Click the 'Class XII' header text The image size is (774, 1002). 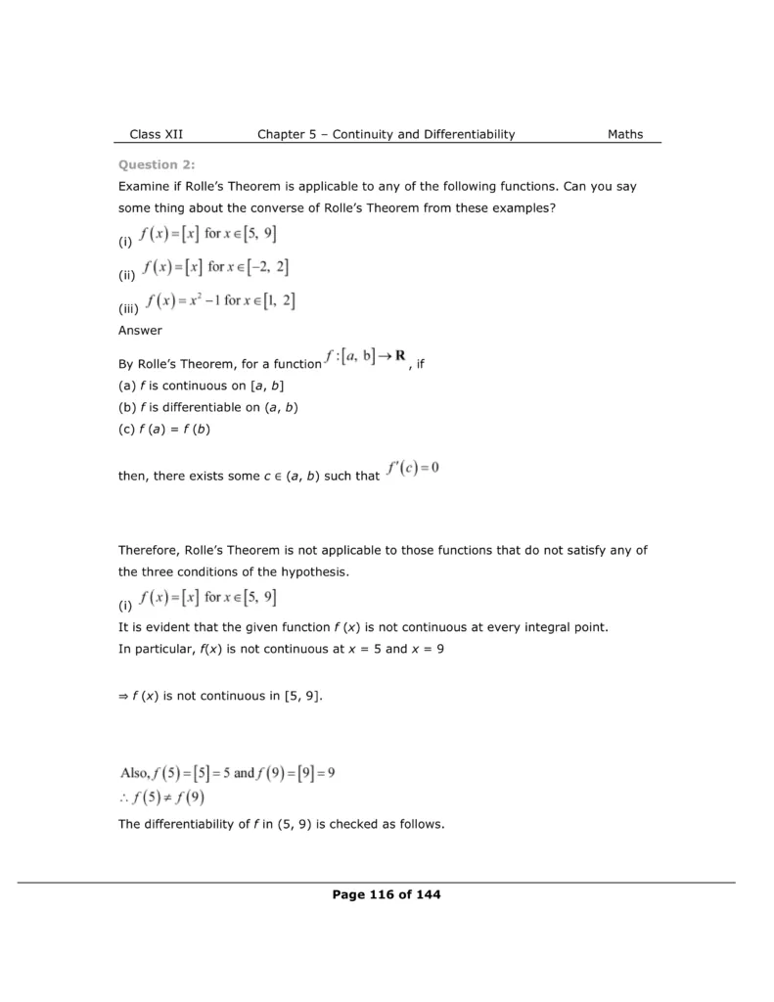pos(156,135)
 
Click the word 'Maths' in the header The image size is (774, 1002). pos(625,135)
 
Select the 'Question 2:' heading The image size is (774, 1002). pos(150,164)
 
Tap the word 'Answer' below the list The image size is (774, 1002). pos(140,331)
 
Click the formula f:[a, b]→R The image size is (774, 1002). pos(367,360)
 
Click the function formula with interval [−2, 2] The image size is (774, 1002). pos(214,268)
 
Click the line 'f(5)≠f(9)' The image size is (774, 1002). pos(163,798)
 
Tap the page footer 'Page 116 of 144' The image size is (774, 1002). pos(387,894)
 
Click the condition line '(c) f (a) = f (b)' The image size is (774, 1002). pos(164,428)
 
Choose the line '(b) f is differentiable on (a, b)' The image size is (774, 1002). pos(207,407)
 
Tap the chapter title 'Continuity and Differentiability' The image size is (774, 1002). pos(424,135)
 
